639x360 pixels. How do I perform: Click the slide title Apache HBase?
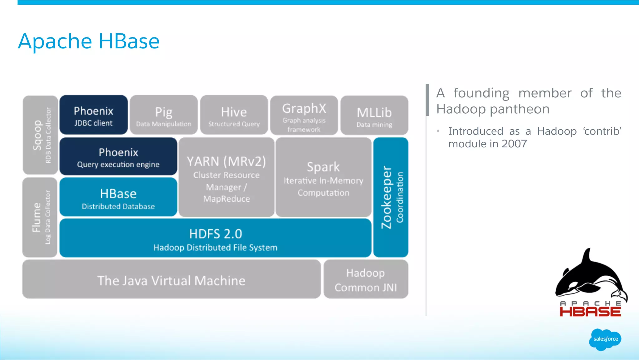click(x=89, y=41)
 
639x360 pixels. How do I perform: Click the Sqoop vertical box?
click(x=40, y=135)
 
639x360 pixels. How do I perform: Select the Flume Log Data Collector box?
click(x=40, y=217)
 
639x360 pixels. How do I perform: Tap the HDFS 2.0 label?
click(x=215, y=234)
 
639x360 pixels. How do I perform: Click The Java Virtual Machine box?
click(x=171, y=280)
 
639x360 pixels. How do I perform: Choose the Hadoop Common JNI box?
click(x=366, y=280)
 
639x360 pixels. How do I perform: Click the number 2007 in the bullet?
click(x=514, y=144)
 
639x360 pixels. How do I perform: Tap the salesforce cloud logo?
click(x=605, y=339)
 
